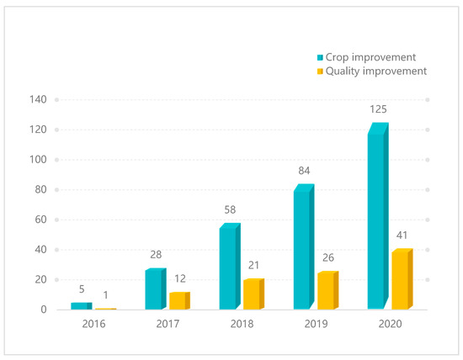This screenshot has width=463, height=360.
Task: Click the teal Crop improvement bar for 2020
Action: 377,219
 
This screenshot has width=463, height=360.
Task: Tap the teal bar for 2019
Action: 303,249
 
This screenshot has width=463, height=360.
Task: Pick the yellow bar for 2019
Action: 327,291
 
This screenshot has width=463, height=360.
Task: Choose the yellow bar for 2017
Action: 178,301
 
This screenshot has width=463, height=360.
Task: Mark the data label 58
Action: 230,211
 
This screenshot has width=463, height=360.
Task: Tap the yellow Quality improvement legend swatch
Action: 319,71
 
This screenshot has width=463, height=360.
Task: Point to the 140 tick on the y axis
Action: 39,99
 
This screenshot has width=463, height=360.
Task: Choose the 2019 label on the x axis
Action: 316,324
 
